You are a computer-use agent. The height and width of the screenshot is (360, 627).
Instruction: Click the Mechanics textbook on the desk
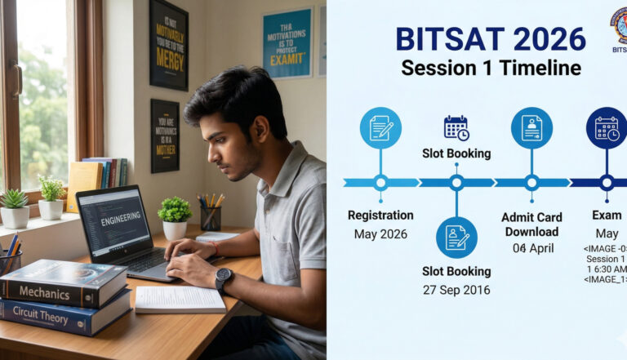pyautogui.click(x=61, y=282)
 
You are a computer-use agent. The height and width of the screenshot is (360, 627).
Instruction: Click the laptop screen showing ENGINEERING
pyautogui.click(x=115, y=221)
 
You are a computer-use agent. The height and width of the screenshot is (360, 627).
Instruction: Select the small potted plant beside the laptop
pyautogui.click(x=174, y=217)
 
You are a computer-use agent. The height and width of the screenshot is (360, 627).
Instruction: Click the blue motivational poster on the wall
pyautogui.click(x=286, y=42)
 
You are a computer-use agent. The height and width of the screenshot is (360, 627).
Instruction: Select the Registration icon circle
pyautogui.click(x=380, y=128)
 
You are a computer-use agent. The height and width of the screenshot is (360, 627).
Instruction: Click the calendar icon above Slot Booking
pyautogui.click(x=456, y=127)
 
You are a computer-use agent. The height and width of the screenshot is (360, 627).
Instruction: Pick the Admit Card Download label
pyautogui.click(x=531, y=224)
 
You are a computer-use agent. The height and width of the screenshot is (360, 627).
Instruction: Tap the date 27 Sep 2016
pyautogui.click(x=456, y=290)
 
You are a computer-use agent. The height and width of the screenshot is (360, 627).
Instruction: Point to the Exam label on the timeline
pyautogui.click(x=607, y=216)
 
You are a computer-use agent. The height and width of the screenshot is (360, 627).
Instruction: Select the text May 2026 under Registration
pyautogui.click(x=380, y=234)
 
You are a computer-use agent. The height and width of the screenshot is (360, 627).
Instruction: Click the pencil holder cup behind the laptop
pyautogui.click(x=210, y=216)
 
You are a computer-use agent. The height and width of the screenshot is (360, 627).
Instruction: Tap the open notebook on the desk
pyautogui.click(x=180, y=300)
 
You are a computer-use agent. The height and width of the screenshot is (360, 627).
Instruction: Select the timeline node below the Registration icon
pyautogui.click(x=380, y=183)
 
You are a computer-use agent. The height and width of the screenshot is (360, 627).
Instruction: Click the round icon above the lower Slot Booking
pyautogui.click(x=456, y=238)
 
